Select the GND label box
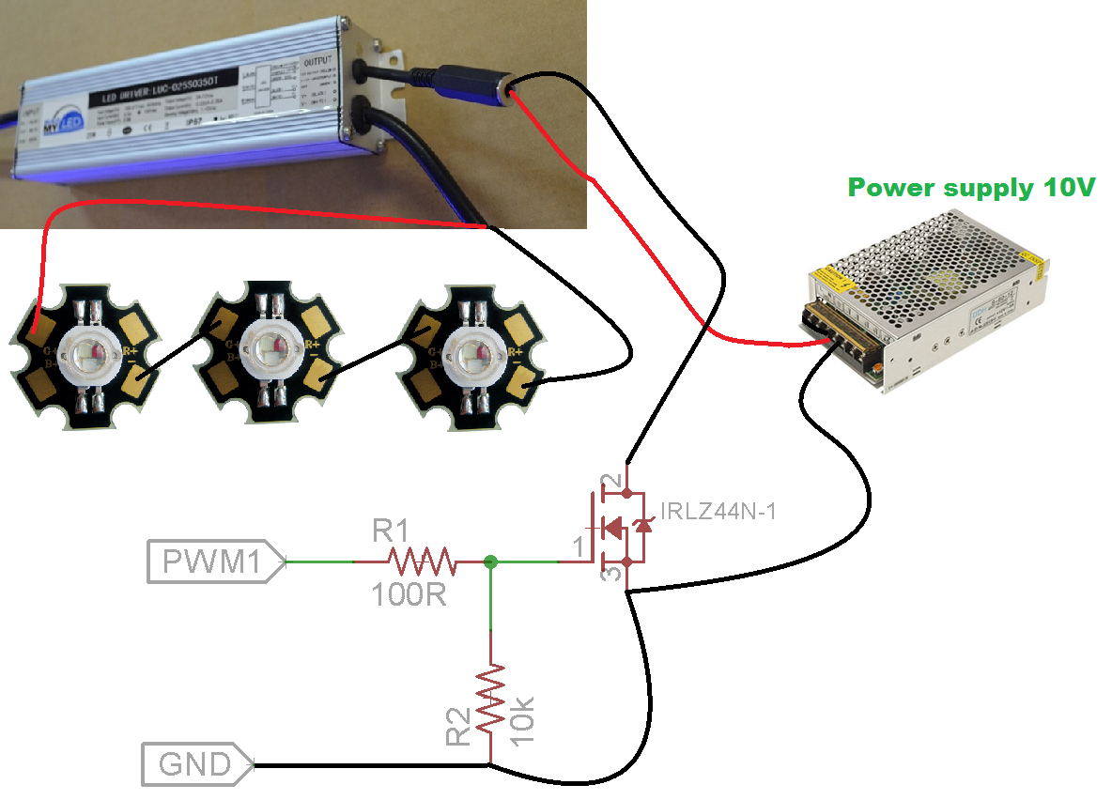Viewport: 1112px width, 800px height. [x=195, y=764]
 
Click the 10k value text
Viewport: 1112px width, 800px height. [x=524, y=714]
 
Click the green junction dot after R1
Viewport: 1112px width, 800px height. [x=490, y=562]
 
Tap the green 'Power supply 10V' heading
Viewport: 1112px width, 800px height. [x=971, y=188]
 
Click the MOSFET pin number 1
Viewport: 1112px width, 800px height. [x=579, y=545]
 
